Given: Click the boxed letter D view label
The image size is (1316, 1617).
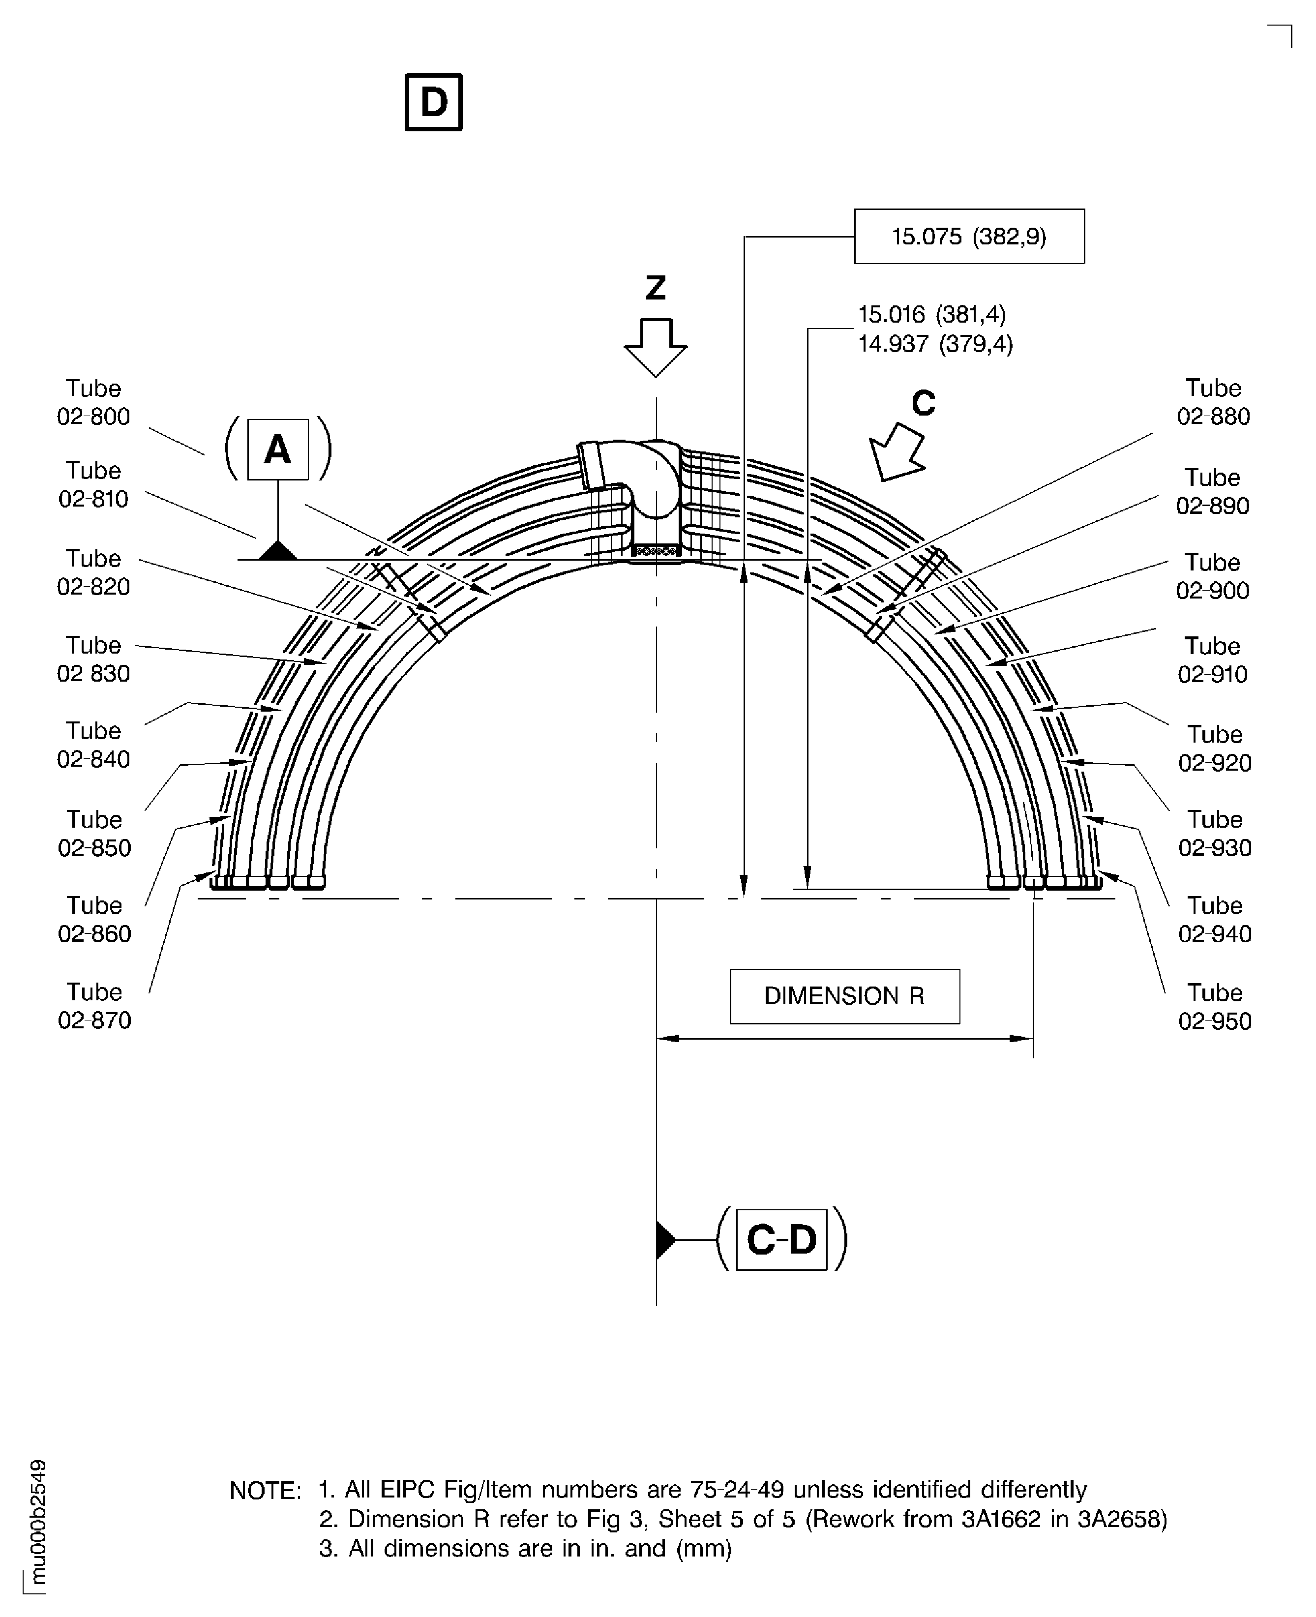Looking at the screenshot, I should pyautogui.click(x=434, y=102).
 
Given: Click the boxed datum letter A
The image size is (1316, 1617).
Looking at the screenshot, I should pyautogui.click(x=278, y=449).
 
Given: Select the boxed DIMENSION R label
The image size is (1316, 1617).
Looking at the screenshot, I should pyautogui.click(x=844, y=996).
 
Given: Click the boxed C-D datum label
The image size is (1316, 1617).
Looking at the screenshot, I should pyautogui.click(x=781, y=1239).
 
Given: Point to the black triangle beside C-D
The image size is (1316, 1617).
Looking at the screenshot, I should pyautogui.click(x=665, y=1239).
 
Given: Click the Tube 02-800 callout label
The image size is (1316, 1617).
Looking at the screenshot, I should pyautogui.click(x=93, y=403).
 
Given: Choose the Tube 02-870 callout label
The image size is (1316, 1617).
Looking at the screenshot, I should pyautogui.click(x=94, y=1006).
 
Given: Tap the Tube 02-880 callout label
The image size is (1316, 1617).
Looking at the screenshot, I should pyautogui.click(x=1213, y=403).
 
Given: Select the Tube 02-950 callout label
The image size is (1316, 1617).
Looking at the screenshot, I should pyautogui.click(x=1214, y=1007).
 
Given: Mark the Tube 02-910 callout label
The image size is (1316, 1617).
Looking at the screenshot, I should pyautogui.click(x=1212, y=660).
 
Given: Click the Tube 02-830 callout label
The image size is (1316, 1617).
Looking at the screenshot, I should pyautogui.click(x=93, y=659).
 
